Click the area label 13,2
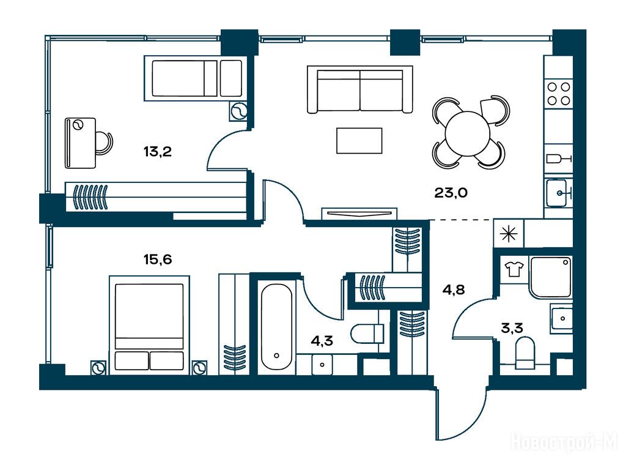tap(158, 152)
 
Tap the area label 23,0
tap(451, 193)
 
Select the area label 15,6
tap(158, 259)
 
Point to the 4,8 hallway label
tap(454, 289)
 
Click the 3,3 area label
tap(512, 329)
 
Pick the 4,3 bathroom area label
tap(322, 341)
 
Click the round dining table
tap(468, 134)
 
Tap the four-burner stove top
tap(559, 94)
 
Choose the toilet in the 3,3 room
tap(525, 353)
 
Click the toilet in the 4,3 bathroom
tap(367, 334)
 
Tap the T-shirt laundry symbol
tap(513, 269)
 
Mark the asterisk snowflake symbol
tap(509, 234)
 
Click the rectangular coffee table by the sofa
tap(359, 141)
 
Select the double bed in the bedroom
tap(149, 325)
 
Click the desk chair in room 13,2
tap(104, 143)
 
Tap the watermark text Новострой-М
tap(564, 442)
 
